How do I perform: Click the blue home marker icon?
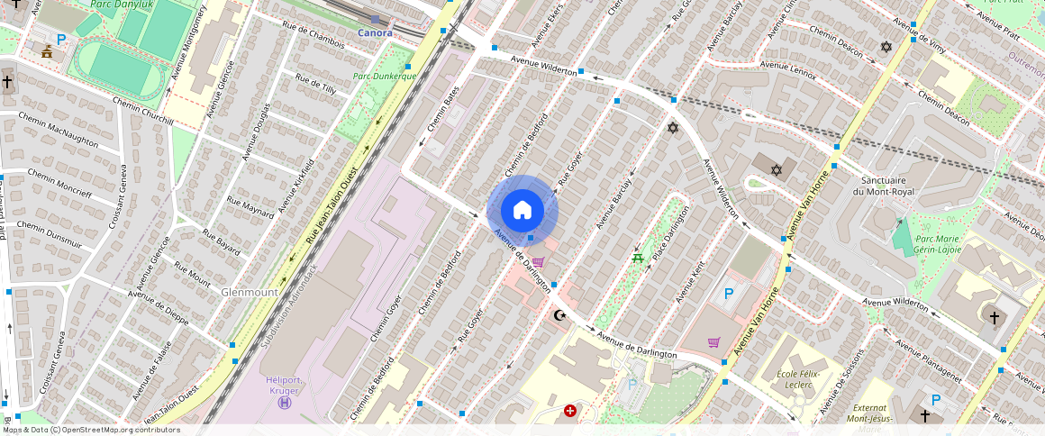[522, 211]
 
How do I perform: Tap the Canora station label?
[375, 33]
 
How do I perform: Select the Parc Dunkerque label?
[384, 77]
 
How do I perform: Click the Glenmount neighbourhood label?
[250, 293]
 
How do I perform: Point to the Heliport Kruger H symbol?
[285, 403]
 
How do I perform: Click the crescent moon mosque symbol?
[559, 315]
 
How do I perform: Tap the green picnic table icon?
[638, 259]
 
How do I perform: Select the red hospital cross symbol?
[569, 411]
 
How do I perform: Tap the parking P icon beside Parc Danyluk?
[61, 40]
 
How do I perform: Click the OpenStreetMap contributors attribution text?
[91, 430]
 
